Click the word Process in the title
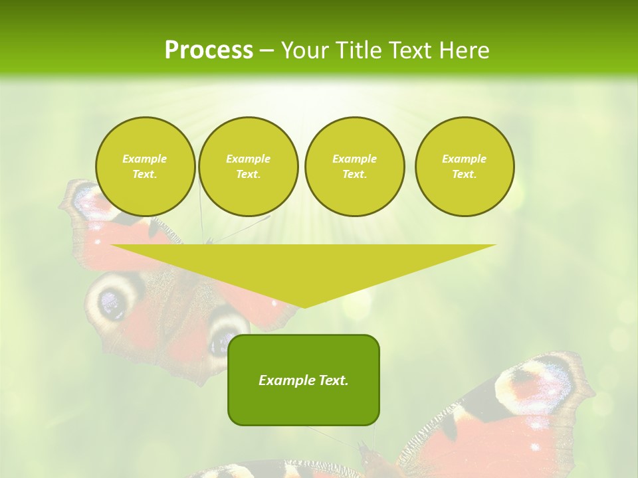209,50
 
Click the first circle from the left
146,167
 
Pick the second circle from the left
249,167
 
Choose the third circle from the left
354,167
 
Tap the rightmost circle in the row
465,167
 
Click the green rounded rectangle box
304,398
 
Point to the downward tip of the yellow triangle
304,307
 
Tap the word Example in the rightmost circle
464,159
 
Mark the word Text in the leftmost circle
144,175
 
